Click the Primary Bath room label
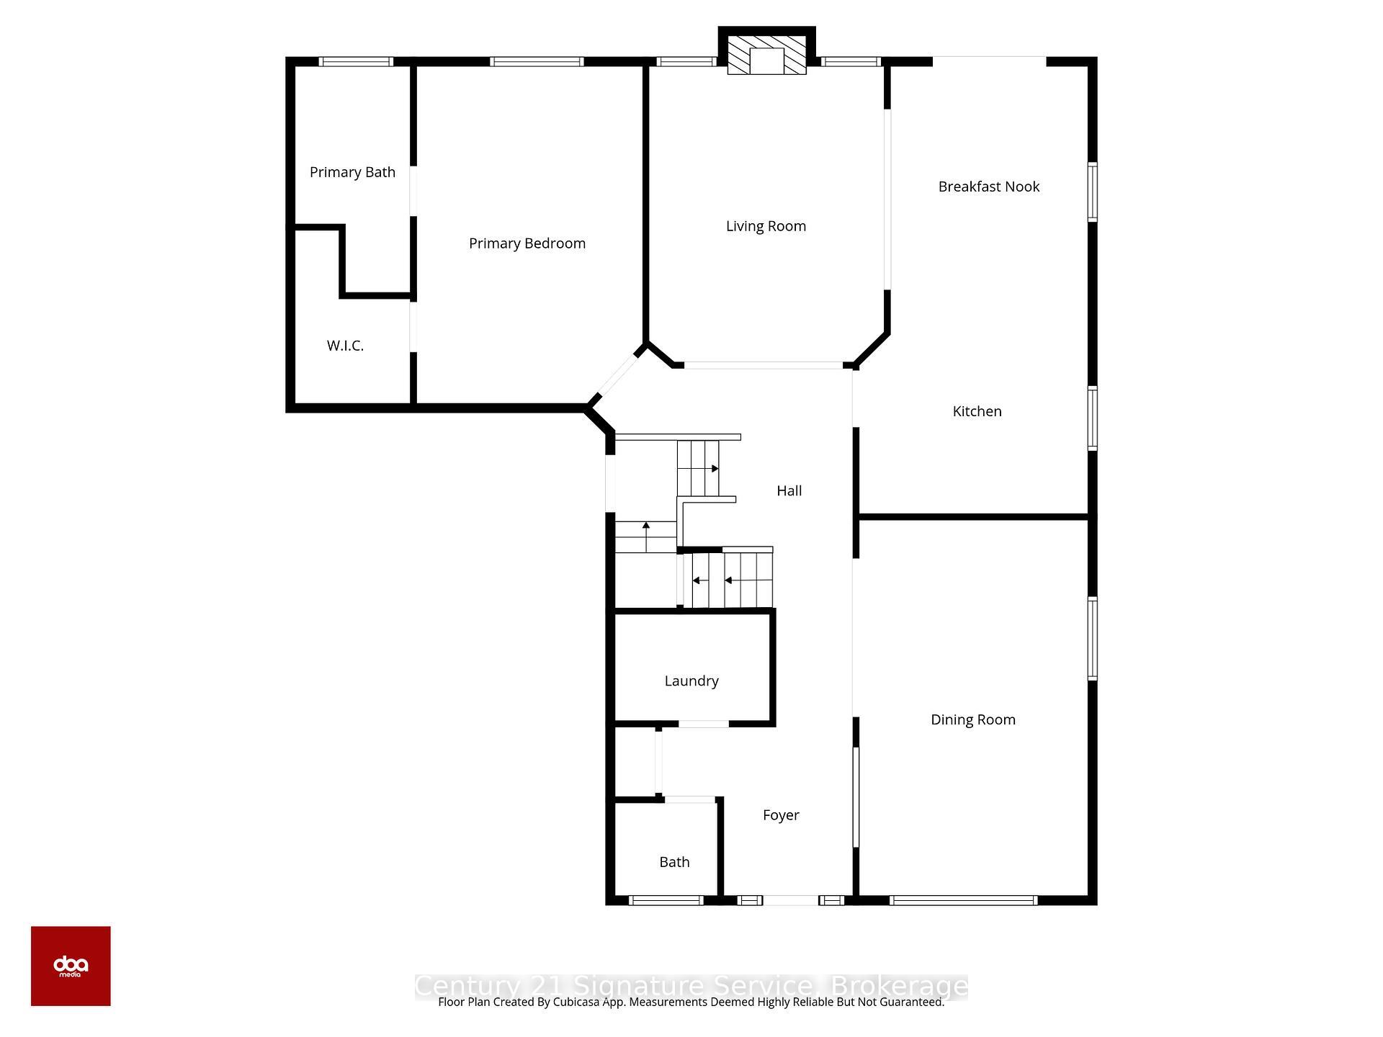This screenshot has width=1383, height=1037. [352, 172]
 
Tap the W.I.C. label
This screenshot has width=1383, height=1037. [345, 346]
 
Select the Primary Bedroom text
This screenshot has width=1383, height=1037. [527, 243]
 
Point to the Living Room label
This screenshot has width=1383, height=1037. [766, 226]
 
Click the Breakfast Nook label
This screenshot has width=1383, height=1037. [988, 187]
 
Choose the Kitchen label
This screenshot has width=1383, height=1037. [977, 411]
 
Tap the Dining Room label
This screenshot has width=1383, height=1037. [972, 719]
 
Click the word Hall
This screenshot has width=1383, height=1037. [789, 491]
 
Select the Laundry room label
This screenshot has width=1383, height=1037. [691, 681]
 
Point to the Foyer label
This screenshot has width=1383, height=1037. [781, 815]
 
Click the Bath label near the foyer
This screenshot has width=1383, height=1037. [674, 862]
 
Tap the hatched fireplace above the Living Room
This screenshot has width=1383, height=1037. [766, 55]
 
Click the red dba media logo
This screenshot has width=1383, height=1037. [71, 966]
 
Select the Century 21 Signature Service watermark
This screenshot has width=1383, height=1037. [691, 986]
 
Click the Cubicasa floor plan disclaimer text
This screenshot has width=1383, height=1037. [691, 1002]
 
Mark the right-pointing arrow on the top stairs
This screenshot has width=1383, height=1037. [715, 469]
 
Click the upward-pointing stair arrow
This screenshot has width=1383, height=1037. [646, 526]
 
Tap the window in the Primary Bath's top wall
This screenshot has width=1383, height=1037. [356, 62]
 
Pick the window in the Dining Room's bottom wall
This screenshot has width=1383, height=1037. [963, 900]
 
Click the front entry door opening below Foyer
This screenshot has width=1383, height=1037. [790, 900]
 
